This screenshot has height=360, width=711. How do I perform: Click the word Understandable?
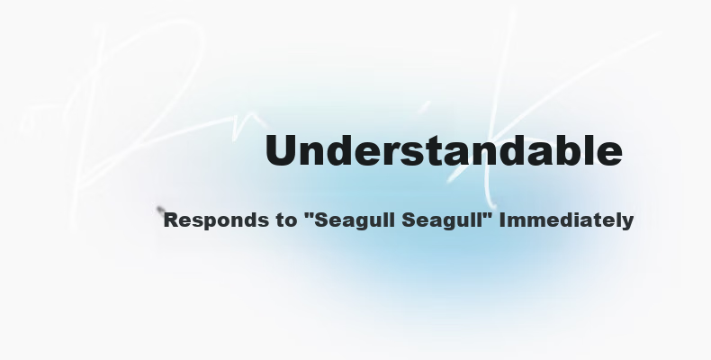pyautogui.click(x=444, y=150)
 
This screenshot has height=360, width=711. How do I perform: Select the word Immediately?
pyautogui.click(x=566, y=220)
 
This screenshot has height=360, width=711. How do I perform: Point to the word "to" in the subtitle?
pyautogui.click(x=285, y=220)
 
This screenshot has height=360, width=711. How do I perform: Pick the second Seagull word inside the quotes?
pyautogui.click(x=443, y=221)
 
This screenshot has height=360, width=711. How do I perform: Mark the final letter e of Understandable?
pyautogui.click(x=610, y=155)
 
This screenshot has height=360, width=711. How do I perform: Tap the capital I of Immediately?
pyautogui.click(x=502, y=220)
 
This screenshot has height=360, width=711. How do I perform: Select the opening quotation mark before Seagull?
pyautogui.click(x=310, y=214)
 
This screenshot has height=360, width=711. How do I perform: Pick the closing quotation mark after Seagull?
pyautogui.click(x=488, y=214)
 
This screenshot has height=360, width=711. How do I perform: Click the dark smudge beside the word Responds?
pyautogui.click(x=160, y=210)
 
